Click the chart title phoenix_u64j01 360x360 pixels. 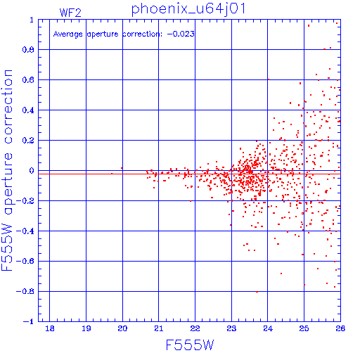tap(188, 9)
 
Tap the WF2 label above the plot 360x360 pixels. tap(70, 13)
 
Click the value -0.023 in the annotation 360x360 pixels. tap(181, 34)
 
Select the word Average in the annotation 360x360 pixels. tap(68, 34)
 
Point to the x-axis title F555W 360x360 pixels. tap(190, 345)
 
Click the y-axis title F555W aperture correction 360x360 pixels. tap(7, 170)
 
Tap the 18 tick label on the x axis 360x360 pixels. tap(50, 328)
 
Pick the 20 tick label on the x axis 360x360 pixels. tap(122, 328)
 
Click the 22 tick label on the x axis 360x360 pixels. tap(195, 328)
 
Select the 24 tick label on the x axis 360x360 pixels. tap(268, 328)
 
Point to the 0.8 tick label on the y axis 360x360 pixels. tap(28, 50)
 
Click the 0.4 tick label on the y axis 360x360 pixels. tap(28, 110)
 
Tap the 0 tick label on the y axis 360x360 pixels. tap(32, 171)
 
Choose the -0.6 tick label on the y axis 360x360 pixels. tap(25, 261)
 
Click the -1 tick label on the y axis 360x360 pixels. tap(29, 321)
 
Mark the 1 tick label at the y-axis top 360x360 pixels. tap(32, 20)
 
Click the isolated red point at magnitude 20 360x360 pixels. tap(122, 168)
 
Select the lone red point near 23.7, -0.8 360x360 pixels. tap(257, 292)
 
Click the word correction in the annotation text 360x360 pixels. tap(142, 34)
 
